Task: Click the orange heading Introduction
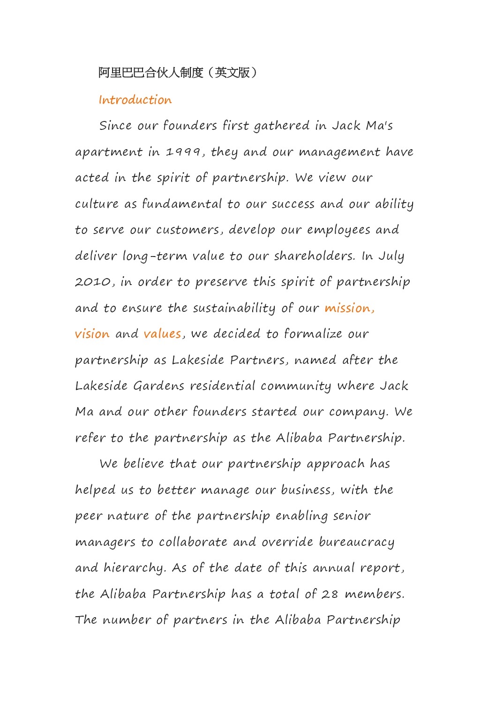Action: [135, 100]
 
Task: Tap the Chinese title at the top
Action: [178, 73]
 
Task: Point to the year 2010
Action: [92, 282]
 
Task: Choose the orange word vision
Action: [92, 334]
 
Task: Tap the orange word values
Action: [162, 334]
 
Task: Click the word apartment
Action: [108, 152]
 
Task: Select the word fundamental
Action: [181, 204]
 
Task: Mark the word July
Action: [391, 257]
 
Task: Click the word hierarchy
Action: [133, 568]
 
